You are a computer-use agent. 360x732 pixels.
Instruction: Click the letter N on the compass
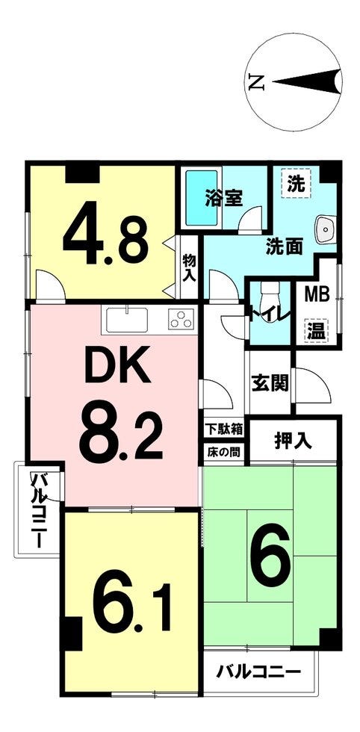click(256, 83)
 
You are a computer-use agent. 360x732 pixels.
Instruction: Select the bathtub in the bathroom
click(202, 197)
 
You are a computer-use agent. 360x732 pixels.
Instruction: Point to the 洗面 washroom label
click(284, 246)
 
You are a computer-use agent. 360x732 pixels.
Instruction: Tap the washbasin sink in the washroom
click(323, 231)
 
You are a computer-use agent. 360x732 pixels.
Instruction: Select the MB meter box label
click(317, 294)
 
